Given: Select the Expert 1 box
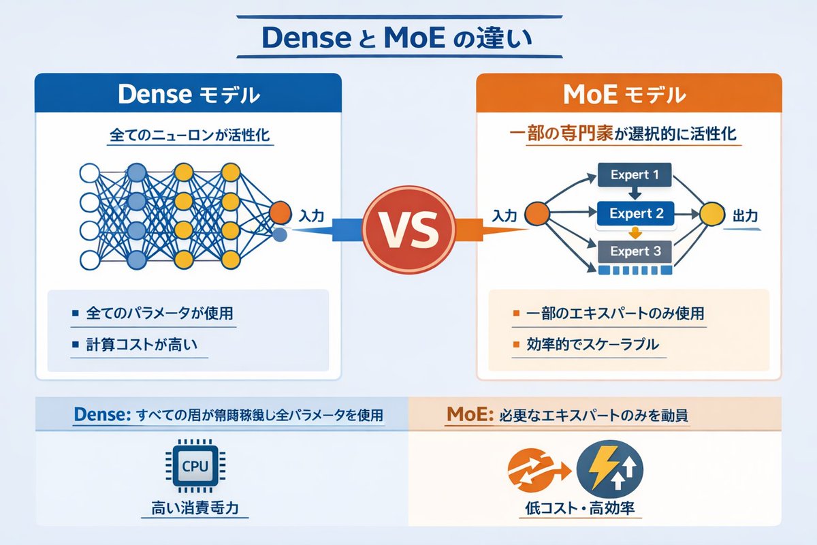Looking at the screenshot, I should click(634, 175).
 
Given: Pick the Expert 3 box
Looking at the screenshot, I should click(635, 251).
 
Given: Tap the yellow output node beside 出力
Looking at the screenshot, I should click(710, 213).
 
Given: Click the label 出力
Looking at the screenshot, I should click(744, 215).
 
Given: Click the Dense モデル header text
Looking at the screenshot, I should click(188, 95).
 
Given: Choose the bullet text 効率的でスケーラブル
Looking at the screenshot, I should click(593, 345).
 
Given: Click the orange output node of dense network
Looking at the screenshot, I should click(280, 213).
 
